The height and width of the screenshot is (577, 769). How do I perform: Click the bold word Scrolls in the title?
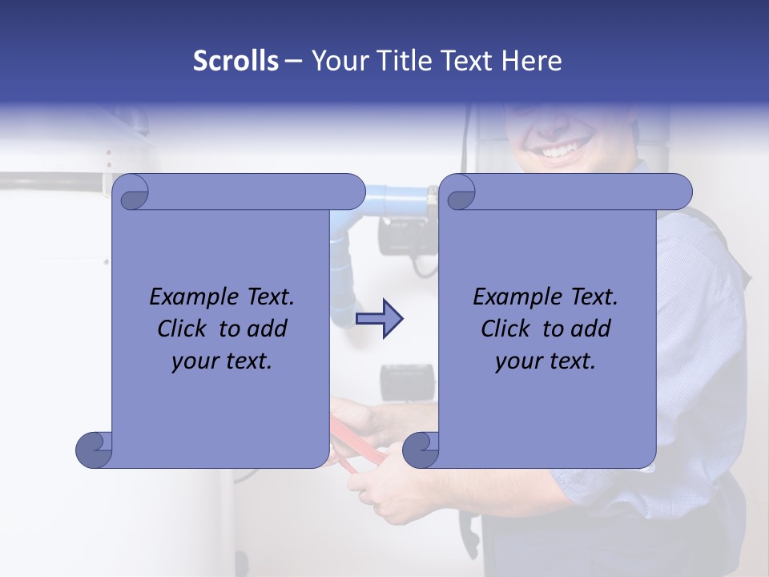[236, 61]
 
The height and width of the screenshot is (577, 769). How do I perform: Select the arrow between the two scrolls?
[380, 319]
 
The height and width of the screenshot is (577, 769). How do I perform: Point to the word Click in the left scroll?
[184, 329]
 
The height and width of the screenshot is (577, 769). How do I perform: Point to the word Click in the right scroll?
[508, 329]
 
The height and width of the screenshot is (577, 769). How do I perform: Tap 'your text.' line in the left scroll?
[222, 361]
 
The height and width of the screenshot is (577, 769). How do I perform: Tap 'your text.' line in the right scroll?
[546, 361]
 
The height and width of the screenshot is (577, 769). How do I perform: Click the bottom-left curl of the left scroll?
[94, 449]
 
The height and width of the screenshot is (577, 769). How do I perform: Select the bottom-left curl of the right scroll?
[421, 449]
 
